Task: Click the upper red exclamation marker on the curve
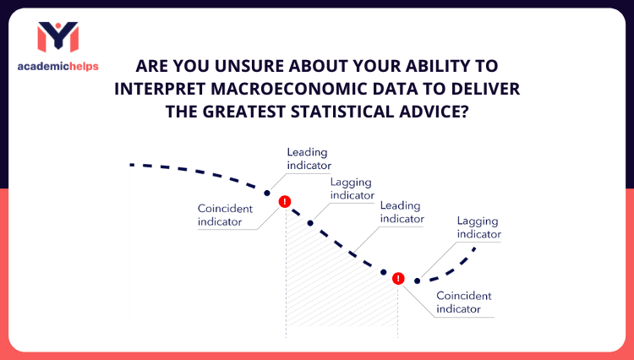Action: tap(285, 201)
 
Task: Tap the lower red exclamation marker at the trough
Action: tap(398, 278)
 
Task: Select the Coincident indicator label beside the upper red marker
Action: tap(220, 215)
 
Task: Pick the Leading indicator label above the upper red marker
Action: tap(309, 159)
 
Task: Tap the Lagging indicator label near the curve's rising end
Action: tap(478, 228)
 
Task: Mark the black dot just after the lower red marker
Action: tap(417, 281)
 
